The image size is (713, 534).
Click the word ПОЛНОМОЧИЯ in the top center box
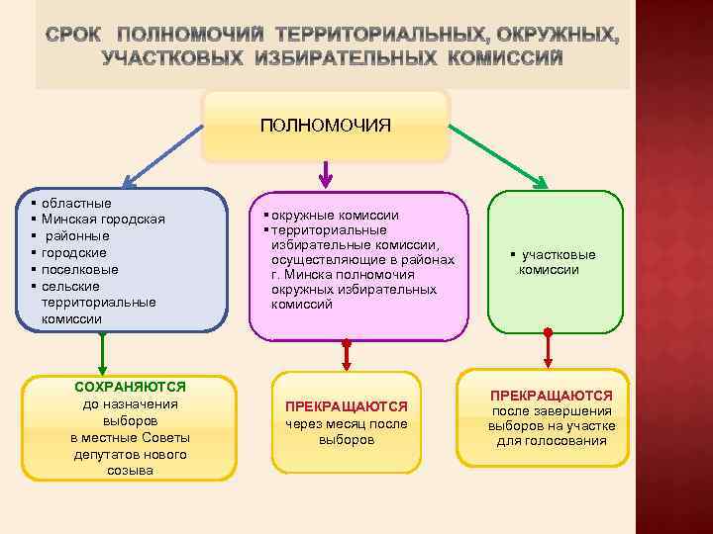[325, 126]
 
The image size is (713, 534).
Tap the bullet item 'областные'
[76, 203]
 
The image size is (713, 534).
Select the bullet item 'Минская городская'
[103, 219]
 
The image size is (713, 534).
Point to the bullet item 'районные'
[76, 235]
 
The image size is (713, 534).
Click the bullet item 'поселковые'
[80, 269]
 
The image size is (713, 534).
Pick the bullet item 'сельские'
[71, 286]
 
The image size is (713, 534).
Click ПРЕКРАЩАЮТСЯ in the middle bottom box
[347, 406]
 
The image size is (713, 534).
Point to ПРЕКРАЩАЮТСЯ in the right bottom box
[552, 395]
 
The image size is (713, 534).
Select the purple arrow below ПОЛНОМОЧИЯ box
[325, 175]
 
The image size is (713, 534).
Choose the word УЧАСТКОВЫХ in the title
[173, 58]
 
